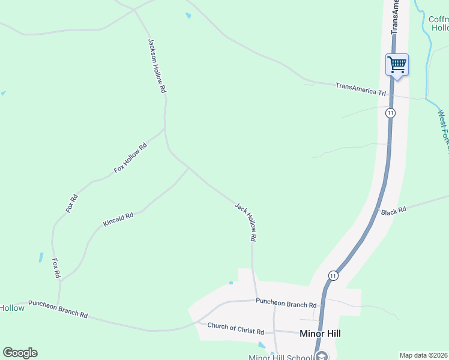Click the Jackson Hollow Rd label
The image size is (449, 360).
click(156, 65)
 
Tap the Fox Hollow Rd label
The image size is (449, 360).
click(130, 159)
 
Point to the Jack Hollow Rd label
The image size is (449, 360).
click(246, 222)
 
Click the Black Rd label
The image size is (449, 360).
click(394, 211)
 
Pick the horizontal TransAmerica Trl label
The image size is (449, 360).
click(360, 89)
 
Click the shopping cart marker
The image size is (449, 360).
click(397, 64)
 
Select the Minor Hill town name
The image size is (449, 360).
click(320, 334)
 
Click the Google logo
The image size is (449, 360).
click(20, 353)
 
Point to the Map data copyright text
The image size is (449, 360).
click(423, 355)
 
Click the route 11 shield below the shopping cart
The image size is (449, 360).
click(391, 113)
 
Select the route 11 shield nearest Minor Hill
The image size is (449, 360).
click(333, 275)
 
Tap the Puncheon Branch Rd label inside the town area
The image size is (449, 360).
click(286, 305)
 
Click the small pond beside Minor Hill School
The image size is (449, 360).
click(262, 346)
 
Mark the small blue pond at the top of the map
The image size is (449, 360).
click(188, 16)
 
